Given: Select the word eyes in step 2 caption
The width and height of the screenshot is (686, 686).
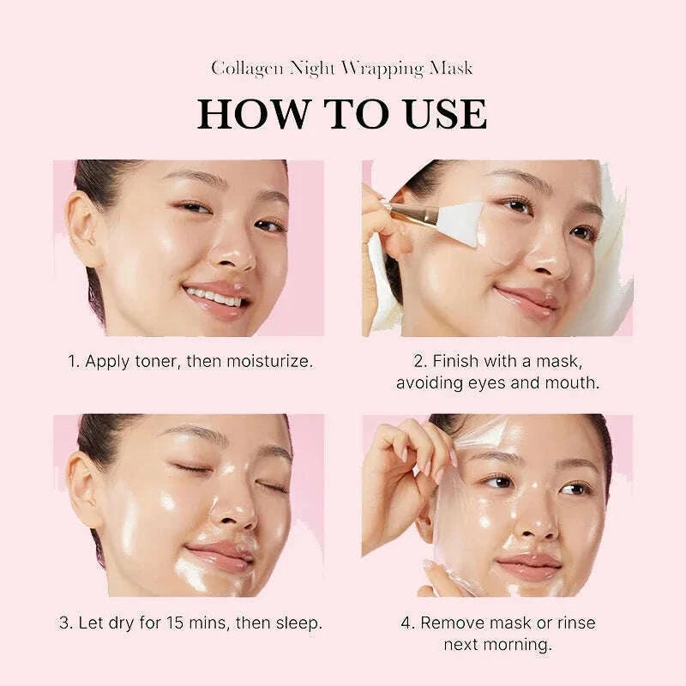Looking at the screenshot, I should pos(485,382).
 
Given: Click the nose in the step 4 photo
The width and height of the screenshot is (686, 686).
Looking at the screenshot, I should pos(535,521).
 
